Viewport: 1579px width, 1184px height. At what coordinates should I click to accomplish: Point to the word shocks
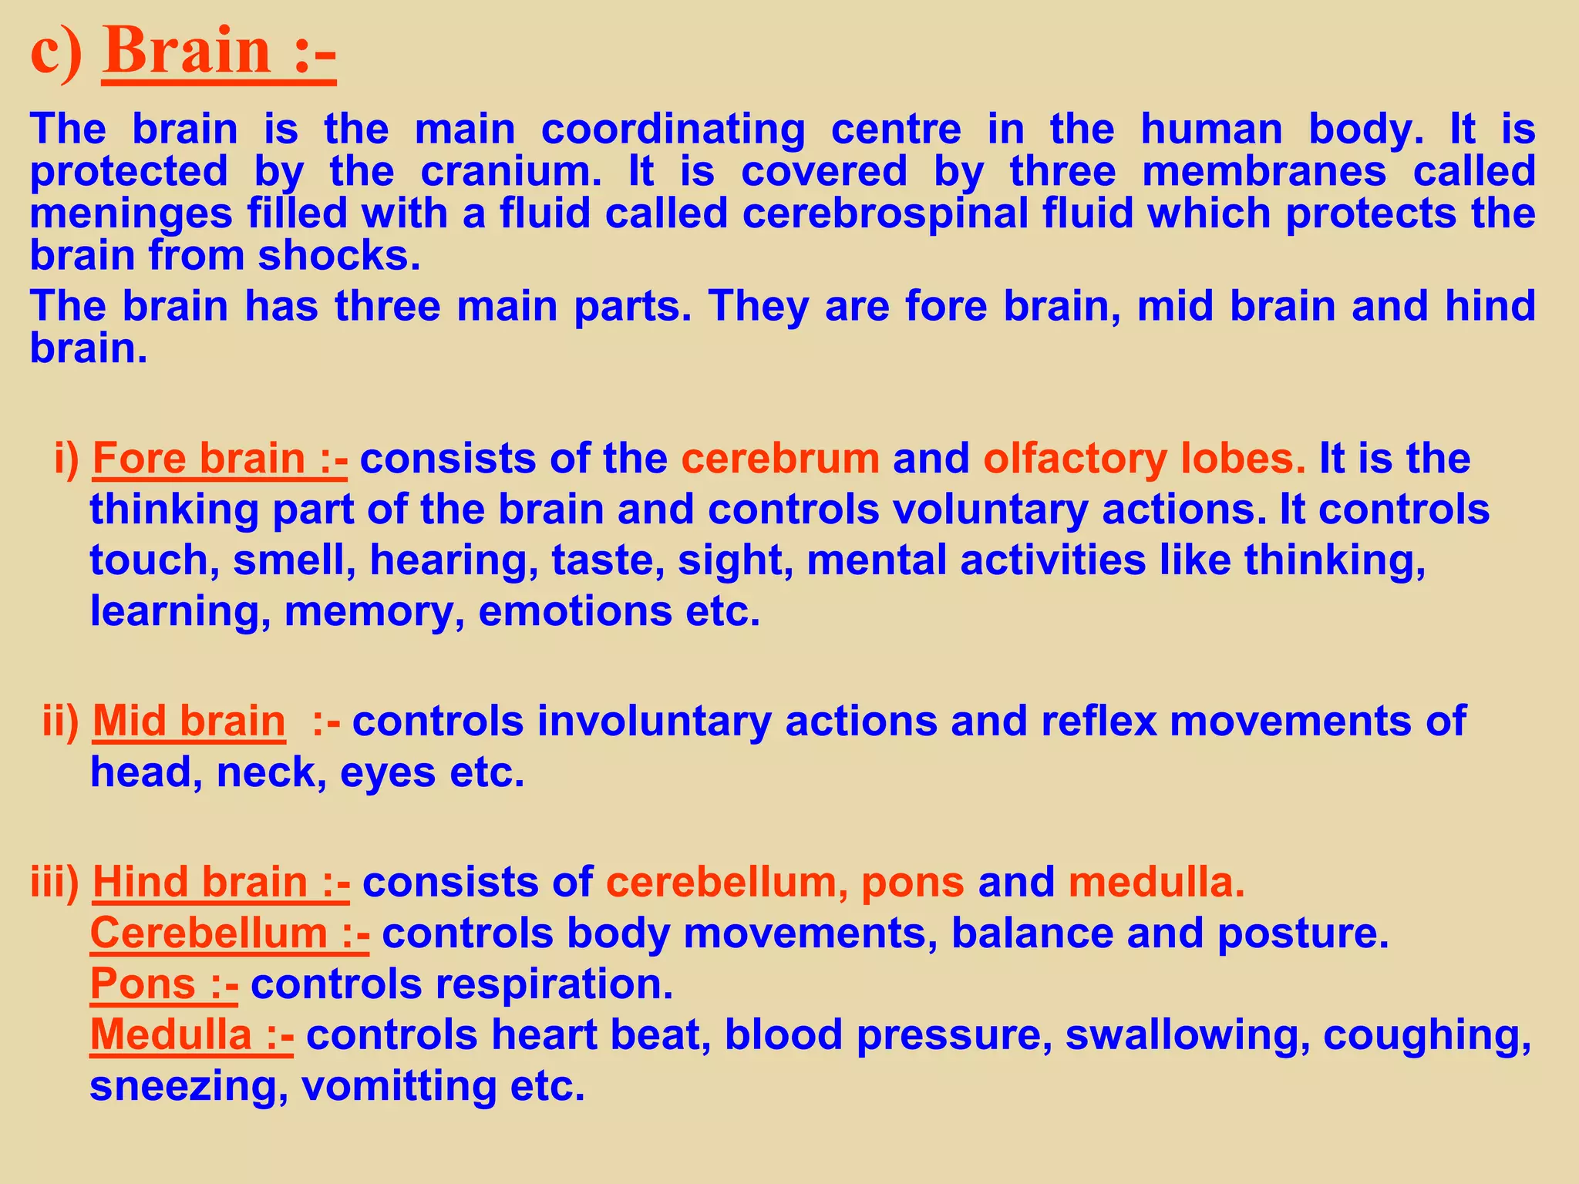[338, 255]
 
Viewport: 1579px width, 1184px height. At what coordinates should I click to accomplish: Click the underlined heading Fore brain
[200, 459]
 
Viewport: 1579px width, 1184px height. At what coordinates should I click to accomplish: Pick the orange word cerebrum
[780, 459]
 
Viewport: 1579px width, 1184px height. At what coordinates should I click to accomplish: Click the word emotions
[575, 611]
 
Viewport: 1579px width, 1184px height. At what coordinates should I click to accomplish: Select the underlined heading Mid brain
[189, 721]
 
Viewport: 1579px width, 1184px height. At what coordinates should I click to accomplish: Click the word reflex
[1099, 721]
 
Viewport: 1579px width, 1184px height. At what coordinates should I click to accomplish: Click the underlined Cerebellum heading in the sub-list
[208, 933]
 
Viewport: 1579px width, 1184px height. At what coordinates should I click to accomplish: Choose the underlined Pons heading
[143, 984]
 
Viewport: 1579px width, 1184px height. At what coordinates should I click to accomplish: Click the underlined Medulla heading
[171, 1034]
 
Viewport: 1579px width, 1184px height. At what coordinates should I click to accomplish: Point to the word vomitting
[399, 1086]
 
